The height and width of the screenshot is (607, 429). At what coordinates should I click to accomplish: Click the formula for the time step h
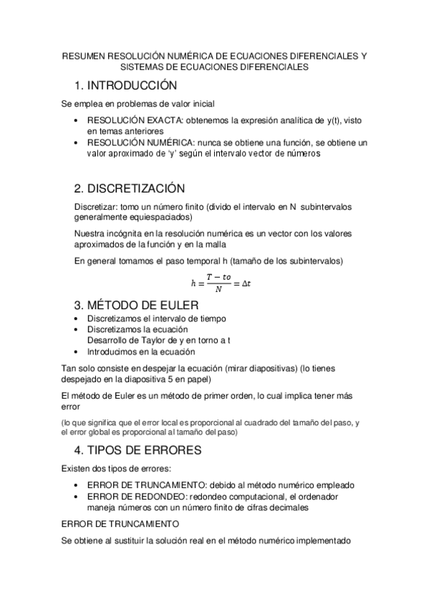214,283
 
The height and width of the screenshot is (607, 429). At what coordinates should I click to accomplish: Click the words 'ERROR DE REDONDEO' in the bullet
131,496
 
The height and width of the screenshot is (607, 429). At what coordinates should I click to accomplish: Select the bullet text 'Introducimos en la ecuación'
141,351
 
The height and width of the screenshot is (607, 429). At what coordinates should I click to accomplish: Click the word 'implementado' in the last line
322,541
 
